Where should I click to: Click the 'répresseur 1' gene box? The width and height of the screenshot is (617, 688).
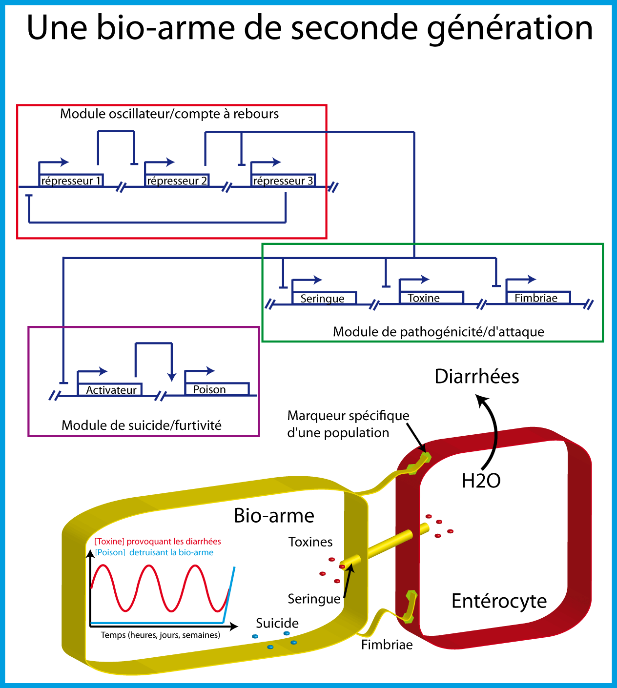point(71,181)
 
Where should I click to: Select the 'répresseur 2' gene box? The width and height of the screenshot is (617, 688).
point(177,181)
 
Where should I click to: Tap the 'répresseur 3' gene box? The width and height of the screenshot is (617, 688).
point(283,181)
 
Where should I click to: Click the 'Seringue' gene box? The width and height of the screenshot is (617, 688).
point(323,298)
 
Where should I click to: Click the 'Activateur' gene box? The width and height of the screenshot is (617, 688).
point(111,390)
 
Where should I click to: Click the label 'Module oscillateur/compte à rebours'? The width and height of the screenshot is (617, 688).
point(169,114)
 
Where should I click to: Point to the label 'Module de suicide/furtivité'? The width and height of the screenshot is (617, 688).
point(142,425)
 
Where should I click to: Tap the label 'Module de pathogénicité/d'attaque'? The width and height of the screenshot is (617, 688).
point(438,332)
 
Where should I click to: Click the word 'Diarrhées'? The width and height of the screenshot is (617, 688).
point(477,377)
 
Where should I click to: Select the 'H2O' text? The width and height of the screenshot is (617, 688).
point(481,481)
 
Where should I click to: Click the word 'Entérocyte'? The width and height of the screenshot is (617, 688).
point(499,601)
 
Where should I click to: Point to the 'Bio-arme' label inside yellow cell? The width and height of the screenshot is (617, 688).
point(274,516)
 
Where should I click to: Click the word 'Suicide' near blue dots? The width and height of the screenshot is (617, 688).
point(277,624)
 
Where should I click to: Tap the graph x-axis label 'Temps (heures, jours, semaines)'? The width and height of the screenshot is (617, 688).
point(161,635)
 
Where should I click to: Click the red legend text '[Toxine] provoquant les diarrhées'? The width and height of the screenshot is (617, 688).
point(158,542)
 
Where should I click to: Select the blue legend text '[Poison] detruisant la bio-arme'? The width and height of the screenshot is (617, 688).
point(154,553)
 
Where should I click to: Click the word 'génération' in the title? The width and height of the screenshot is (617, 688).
point(510,28)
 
